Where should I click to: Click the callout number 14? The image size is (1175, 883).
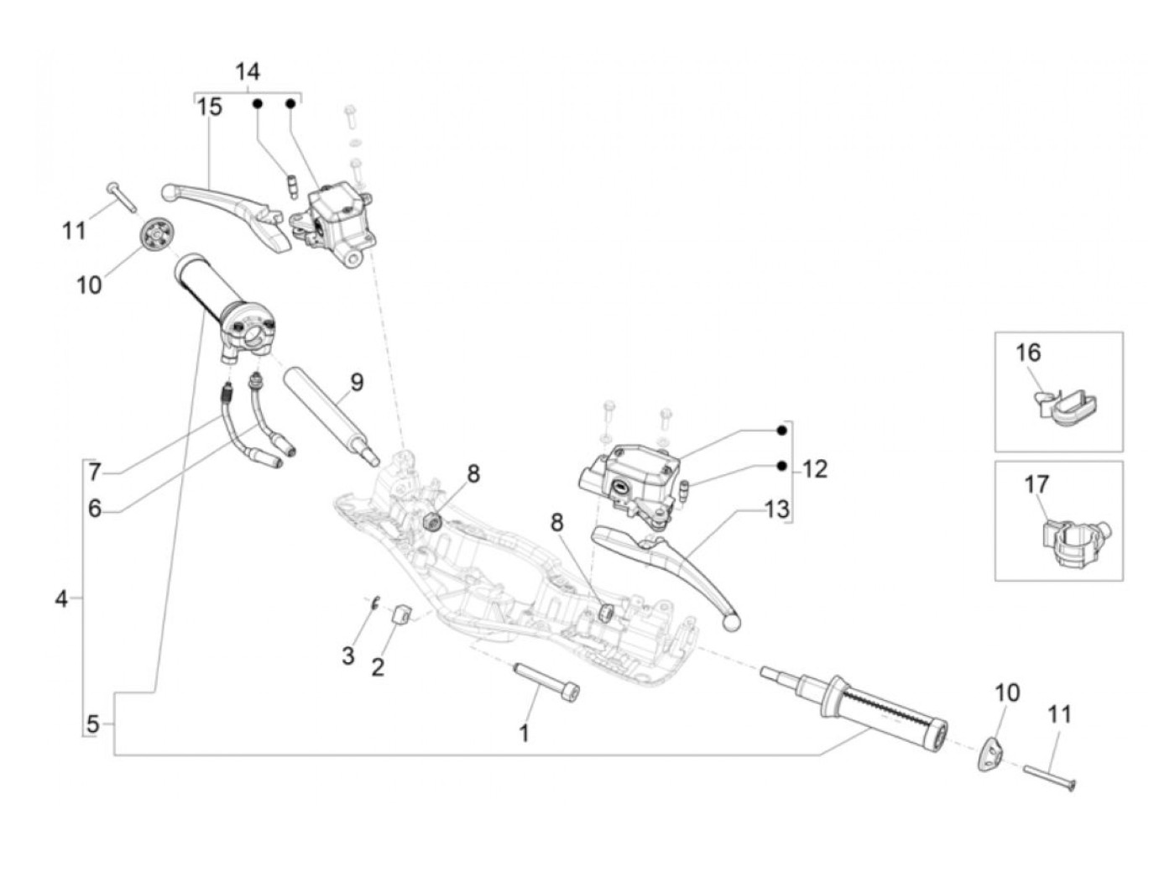click(x=248, y=71)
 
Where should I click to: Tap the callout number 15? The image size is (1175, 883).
click(x=209, y=107)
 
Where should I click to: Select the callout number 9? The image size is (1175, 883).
click(x=357, y=383)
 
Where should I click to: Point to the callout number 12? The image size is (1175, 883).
click(x=815, y=469)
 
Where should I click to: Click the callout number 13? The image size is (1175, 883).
click(x=776, y=509)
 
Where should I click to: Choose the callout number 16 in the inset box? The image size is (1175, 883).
click(x=1028, y=353)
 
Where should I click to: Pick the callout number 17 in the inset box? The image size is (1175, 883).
click(x=1037, y=485)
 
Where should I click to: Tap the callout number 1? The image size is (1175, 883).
click(x=524, y=733)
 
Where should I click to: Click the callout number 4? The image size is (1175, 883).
click(x=61, y=598)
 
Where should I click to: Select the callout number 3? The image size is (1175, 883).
click(x=348, y=656)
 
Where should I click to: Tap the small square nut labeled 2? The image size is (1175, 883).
click(x=401, y=614)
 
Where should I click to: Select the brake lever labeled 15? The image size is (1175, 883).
click(x=227, y=215)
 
